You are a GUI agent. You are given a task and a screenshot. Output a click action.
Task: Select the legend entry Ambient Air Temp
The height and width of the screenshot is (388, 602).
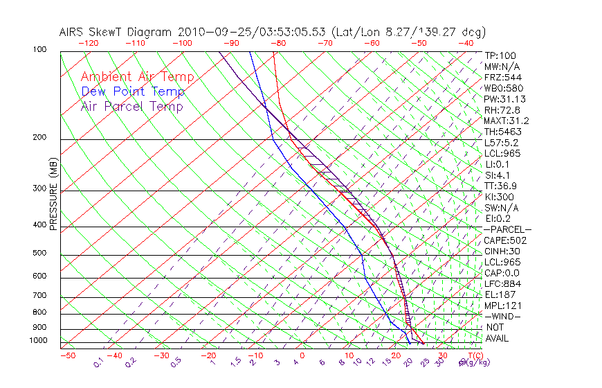[137, 77]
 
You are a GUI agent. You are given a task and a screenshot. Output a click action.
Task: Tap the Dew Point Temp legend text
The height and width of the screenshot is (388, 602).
[132, 91]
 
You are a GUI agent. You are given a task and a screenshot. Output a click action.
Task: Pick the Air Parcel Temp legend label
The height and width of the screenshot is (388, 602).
[131, 107]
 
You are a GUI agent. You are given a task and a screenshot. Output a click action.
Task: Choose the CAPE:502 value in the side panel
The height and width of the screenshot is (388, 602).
[505, 240]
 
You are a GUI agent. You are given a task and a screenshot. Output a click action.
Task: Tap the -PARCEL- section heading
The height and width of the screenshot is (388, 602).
[507, 229]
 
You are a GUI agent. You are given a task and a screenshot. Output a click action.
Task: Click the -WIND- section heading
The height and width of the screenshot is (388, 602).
[502, 316]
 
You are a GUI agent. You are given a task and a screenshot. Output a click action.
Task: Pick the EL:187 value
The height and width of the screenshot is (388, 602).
[500, 294]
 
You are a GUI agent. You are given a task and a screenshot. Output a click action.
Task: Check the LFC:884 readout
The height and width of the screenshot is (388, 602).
[502, 283]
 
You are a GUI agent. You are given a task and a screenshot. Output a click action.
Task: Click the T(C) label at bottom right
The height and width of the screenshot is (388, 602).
[471, 355]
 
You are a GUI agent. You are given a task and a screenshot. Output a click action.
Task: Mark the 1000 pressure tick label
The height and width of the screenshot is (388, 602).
[39, 341]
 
